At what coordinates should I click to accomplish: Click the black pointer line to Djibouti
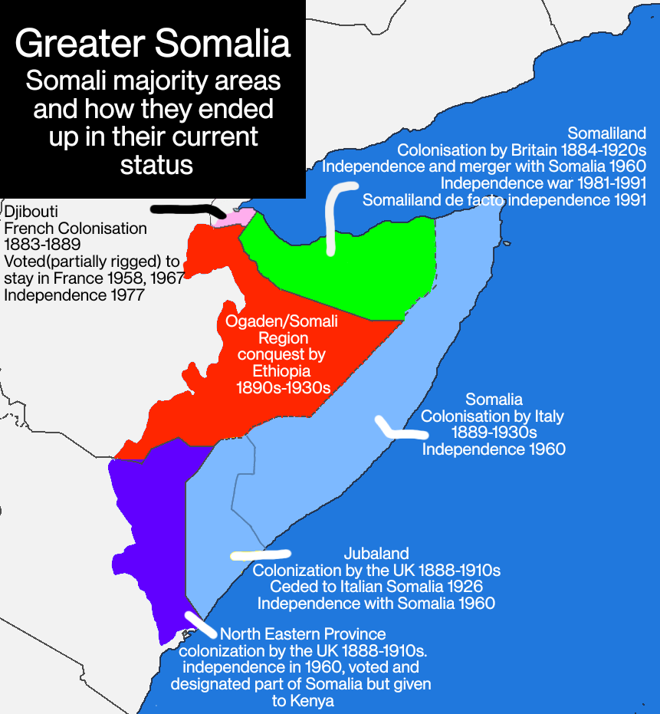click(x=188, y=209)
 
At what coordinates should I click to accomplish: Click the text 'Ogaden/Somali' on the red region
click(x=281, y=321)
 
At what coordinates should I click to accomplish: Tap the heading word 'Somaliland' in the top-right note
click(x=606, y=133)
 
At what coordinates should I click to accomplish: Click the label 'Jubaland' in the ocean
click(x=376, y=553)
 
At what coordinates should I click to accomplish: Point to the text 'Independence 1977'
click(x=74, y=294)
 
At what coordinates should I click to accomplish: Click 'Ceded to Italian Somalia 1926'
click(x=376, y=587)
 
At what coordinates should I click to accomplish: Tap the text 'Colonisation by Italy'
click(x=492, y=416)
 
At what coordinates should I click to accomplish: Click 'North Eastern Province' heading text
click(x=303, y=634)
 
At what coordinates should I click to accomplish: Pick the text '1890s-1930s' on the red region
click(x=284, y=388)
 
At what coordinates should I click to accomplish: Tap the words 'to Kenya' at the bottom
click(x=303, y=701)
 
